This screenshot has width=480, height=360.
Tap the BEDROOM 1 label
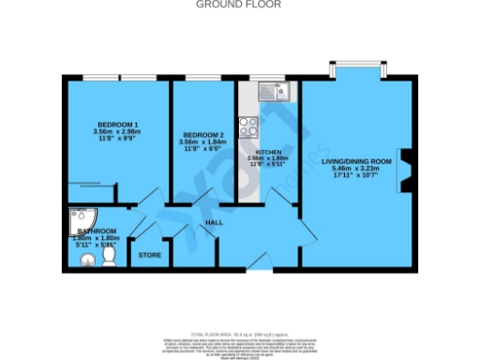point(118,125)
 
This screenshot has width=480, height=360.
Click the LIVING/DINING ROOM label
point(355,161)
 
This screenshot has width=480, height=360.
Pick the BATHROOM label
point(97,231)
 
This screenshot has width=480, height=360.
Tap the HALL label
point(215,221)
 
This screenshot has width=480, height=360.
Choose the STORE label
point(150,254)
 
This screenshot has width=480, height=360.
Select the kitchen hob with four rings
point(248,126)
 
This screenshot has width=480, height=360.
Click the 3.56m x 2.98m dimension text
point(118,132)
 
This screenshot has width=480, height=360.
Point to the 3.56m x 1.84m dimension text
point(203,143)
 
